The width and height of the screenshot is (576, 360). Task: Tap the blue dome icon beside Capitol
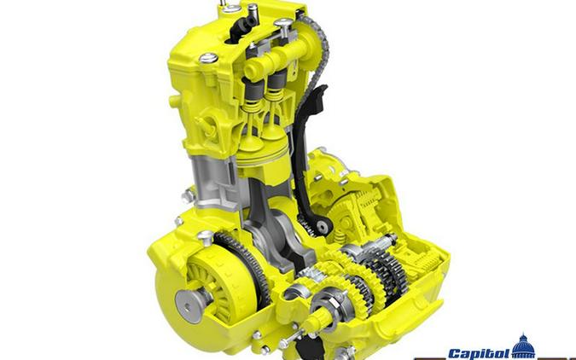click(522, 348)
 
